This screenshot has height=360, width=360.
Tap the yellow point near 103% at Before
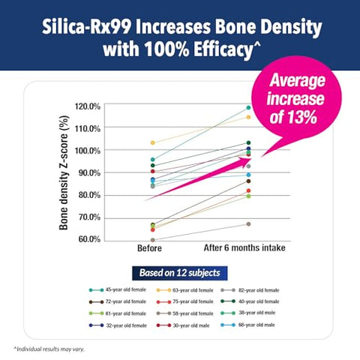tap(152, 142)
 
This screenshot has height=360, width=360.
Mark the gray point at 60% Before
tap(152, 240)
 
